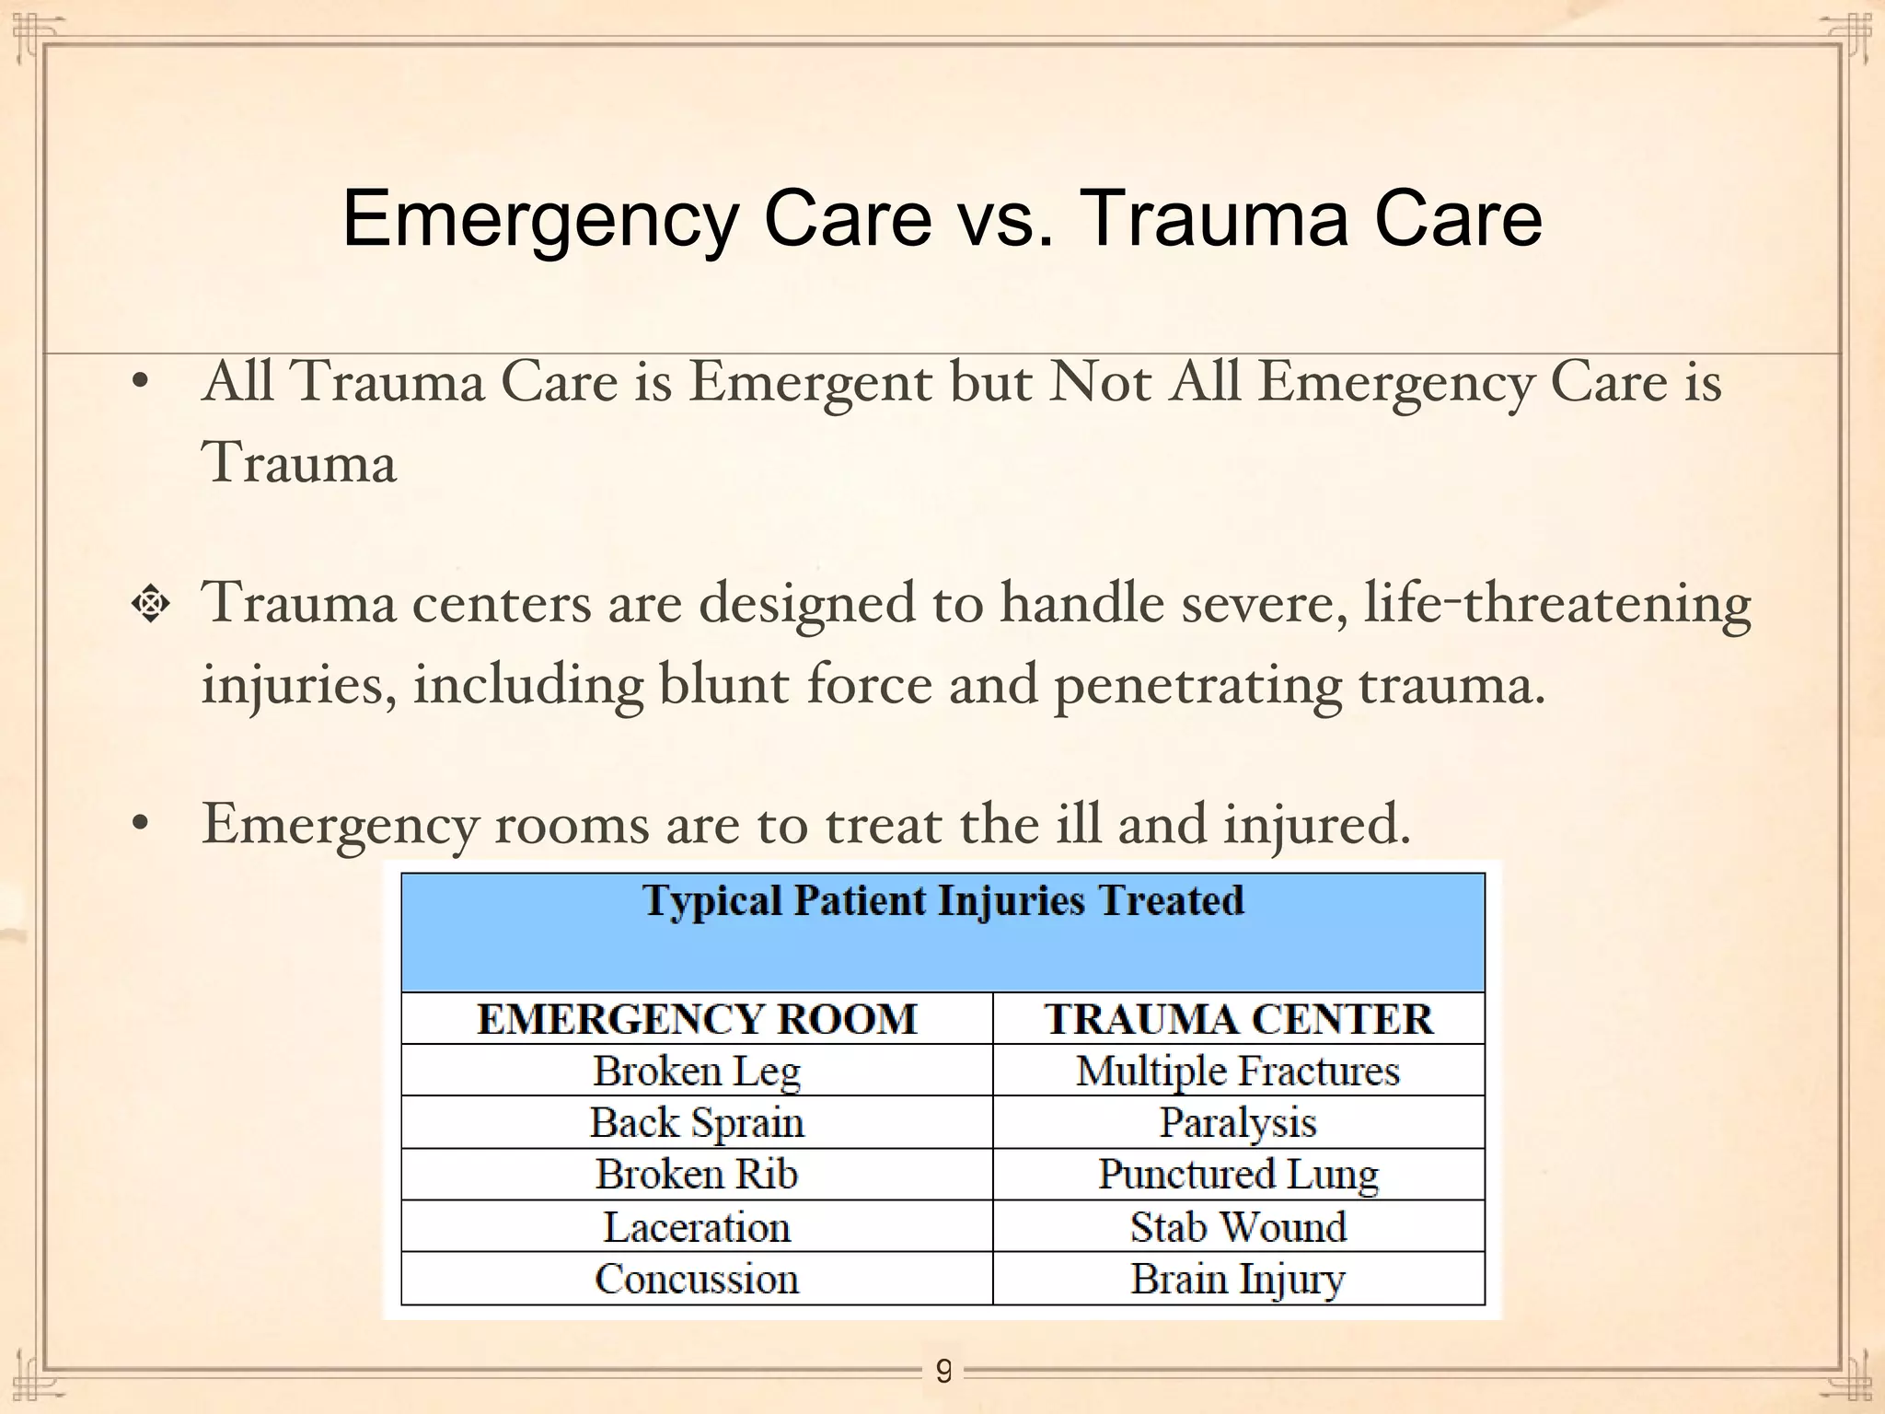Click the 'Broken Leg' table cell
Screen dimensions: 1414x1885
(697, 1071)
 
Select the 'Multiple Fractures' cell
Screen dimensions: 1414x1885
(1238, 1071)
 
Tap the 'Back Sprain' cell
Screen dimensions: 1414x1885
(697, 1122)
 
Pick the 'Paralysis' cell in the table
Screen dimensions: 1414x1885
(1238, 1122)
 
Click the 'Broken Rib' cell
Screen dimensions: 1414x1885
(697, 1174)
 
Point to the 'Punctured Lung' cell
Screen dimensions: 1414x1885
(1238, 1174)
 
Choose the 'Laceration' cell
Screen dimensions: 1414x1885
(697, 1226)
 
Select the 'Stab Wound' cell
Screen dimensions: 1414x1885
(1238, 1226)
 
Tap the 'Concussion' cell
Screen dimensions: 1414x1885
(697, 1279)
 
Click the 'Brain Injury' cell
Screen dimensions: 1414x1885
(1238, 1279)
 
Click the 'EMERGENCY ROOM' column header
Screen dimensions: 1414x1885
(697, 1019)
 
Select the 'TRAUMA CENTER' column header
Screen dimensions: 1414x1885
(1238, 1019)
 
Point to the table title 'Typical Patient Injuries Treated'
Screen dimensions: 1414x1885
(943, 900)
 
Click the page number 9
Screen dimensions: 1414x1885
(943, 1372)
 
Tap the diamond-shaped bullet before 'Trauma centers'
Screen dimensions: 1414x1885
(150, 605)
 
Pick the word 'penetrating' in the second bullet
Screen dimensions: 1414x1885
(1197, 686)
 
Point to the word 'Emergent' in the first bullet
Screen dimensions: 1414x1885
(810, 382)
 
